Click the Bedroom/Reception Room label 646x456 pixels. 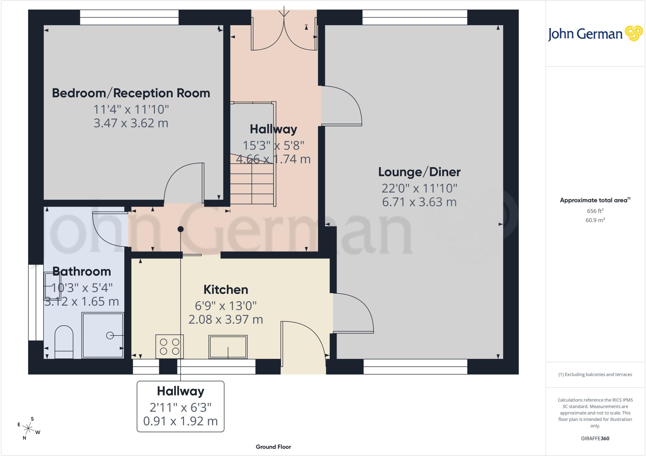[131, 93]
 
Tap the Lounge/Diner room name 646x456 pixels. [419, 172]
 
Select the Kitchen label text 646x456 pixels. [226, 289]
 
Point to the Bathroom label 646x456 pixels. [82, 272]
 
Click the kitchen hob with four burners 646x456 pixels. [169, 346]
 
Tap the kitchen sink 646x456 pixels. [228, 347]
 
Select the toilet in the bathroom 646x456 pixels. [64, 342]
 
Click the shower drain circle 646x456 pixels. [110, 336]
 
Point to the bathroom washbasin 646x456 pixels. [52, 286]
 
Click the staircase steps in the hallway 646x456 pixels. [252, 180]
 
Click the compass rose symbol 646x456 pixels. [29, 428]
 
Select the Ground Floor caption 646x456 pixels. [273, 447]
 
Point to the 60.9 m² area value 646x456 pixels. [595, 220]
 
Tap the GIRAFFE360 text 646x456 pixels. [595, 438]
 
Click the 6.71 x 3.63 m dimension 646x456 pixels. [419, 202]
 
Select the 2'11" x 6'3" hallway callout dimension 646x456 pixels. [180, 407]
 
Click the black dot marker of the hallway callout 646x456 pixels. [180, 229]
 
